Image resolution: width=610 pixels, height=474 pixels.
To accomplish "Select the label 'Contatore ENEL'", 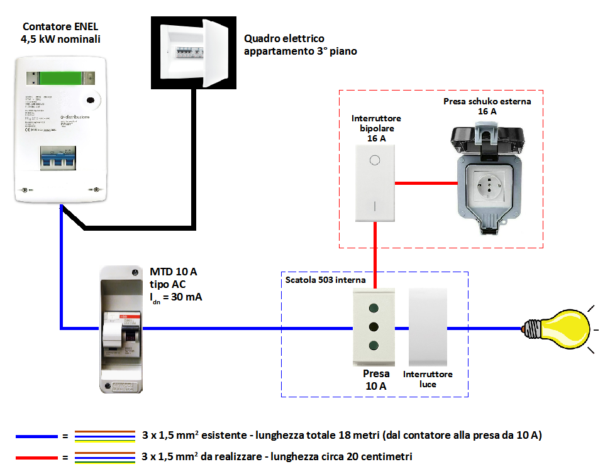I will tap(60, 27).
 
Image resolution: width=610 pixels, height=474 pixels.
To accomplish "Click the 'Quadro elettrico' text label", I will tap(284, 39).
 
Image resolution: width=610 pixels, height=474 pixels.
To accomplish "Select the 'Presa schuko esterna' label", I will tap(487, 101).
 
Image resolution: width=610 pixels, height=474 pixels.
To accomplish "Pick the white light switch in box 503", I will tap(428, 327).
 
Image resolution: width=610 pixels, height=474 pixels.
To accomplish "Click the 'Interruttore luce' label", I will tap(428, 379).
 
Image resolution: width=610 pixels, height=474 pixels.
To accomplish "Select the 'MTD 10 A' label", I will tap(174, 272).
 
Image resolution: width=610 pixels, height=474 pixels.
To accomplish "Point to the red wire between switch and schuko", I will tap(426, 183).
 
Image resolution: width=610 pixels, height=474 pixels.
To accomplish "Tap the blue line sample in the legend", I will tap(37, 436).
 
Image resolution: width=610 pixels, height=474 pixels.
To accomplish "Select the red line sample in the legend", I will tap(37, 456).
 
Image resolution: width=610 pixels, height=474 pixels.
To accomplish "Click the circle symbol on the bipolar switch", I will tap(375, 160).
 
